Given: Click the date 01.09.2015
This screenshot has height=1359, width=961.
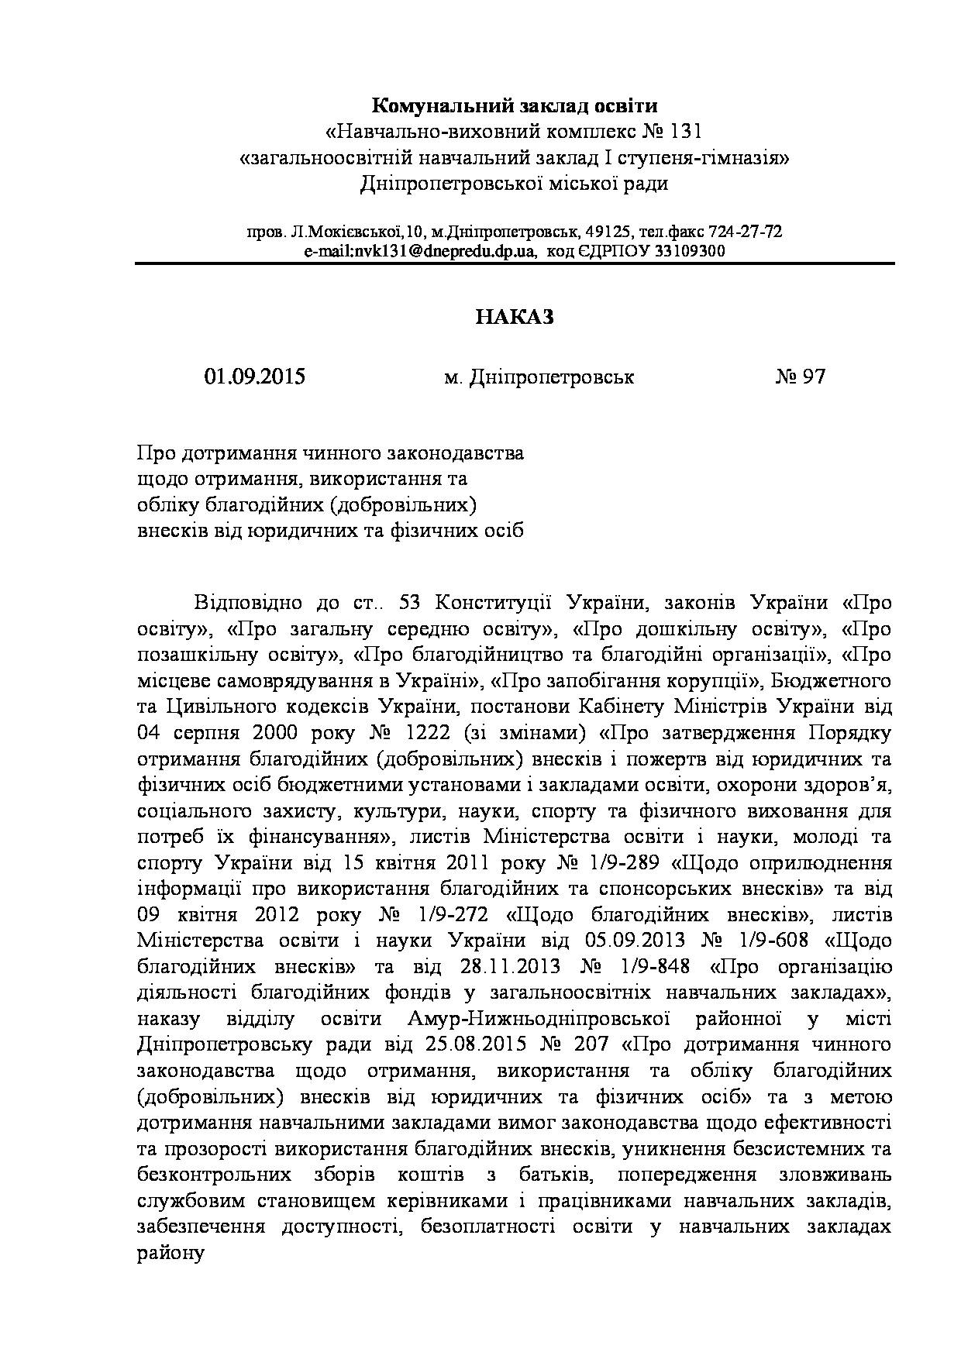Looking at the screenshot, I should click(255, 377).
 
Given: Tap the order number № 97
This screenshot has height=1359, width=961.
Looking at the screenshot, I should click(801, 377).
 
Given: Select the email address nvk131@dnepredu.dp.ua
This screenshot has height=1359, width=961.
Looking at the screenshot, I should click(420, 251).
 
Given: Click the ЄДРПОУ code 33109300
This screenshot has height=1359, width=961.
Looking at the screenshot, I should click(689, 251).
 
